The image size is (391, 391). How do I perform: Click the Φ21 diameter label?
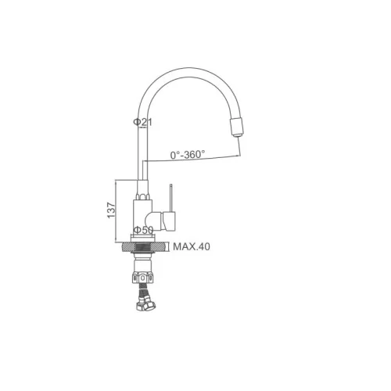click(x=142, y=122)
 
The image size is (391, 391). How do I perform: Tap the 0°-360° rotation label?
click(x=188, y=155)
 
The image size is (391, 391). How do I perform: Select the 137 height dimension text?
click(x=111, y=210)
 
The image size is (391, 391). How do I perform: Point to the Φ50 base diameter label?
click(x=143, y=230)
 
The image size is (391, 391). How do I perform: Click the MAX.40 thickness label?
click(x=192, y=246)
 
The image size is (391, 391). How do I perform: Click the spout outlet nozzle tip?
click(x=236, y=135)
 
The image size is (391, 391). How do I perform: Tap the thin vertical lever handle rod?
click(x=170, y=198)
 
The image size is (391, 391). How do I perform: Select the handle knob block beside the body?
click(x=170, y=221)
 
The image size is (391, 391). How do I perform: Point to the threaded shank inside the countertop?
click(x=143, y=248)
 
